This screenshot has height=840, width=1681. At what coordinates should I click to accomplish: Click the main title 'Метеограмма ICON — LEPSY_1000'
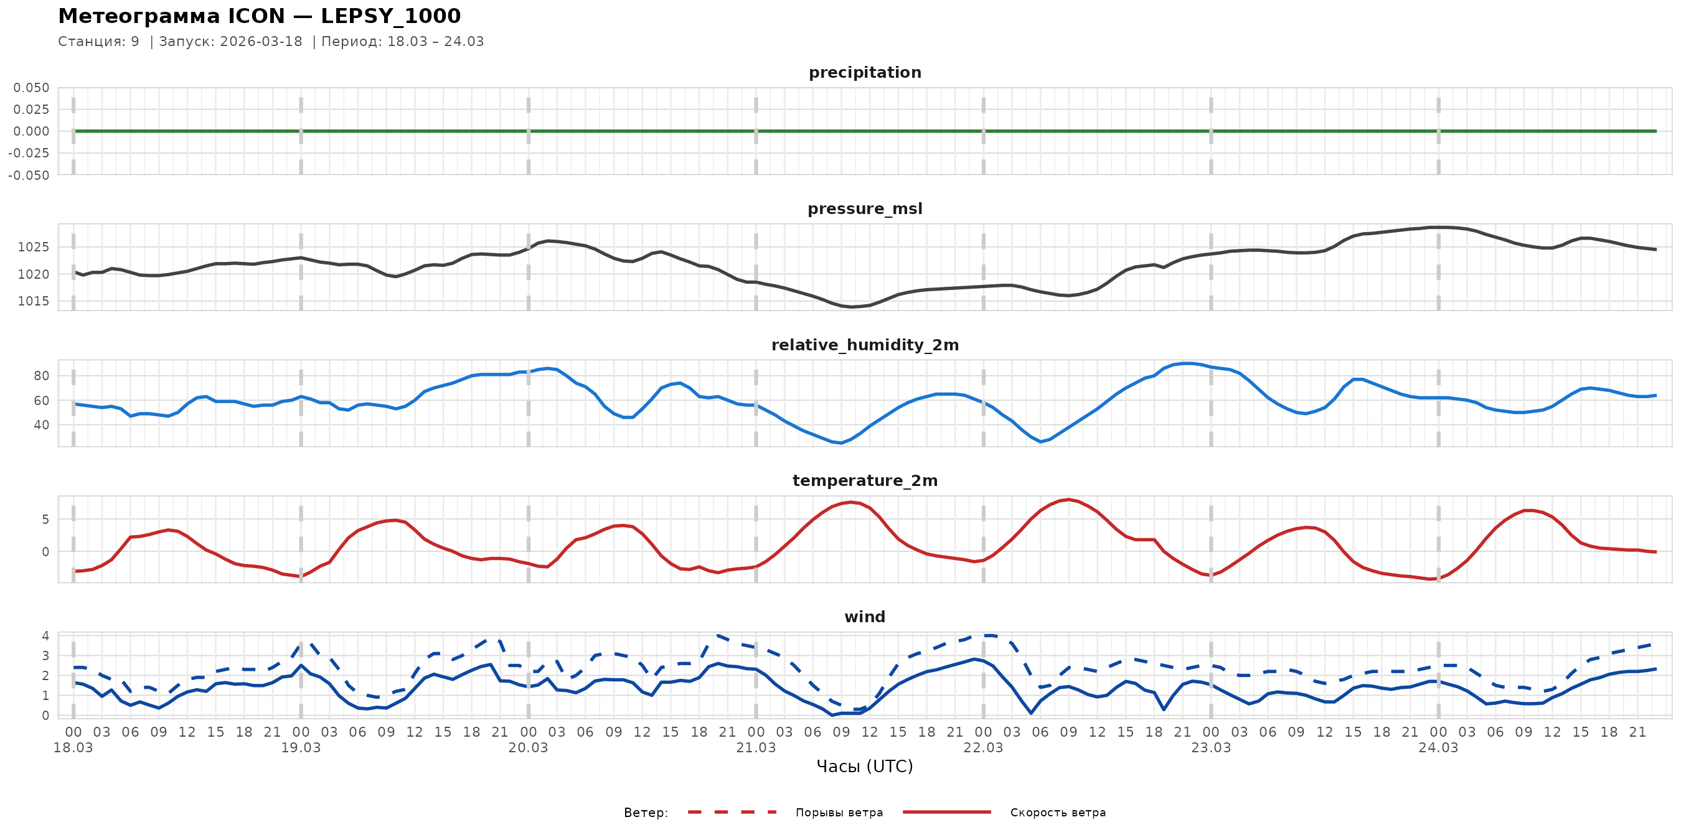[259, 16]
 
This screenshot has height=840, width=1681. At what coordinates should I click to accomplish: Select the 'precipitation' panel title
[865, 72]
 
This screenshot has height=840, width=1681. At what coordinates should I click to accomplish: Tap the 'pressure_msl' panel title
[865, 208]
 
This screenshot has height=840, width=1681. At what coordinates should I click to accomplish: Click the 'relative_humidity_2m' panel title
[865, 345]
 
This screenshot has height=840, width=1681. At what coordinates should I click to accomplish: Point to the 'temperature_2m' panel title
[865, 480]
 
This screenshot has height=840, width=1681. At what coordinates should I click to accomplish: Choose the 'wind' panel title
[865, 617]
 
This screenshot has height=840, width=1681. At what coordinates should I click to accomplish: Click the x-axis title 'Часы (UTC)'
[865, 767]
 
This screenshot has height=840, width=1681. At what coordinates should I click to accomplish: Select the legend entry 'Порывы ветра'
[839, 813]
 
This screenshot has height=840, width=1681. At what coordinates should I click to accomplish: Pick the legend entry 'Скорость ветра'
[1057, 813]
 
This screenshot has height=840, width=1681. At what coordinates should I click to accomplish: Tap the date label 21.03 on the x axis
[756, 748]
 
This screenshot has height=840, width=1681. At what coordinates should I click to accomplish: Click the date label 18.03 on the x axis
[73, 748]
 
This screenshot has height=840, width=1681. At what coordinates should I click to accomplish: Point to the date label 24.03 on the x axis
[1438, 748]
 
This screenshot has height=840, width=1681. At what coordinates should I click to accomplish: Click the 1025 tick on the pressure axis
[32, 247]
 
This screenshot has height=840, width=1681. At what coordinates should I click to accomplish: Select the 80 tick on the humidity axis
[41, 376]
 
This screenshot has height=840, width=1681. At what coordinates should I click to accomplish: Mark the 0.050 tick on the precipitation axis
[31, 87]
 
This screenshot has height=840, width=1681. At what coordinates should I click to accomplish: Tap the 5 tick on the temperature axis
[45, 520]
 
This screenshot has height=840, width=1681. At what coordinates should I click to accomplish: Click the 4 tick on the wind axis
[45, 636]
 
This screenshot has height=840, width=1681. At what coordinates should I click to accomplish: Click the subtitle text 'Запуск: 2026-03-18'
[230, 42]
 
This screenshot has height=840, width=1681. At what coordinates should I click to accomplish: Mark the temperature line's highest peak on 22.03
[1068, 500]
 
